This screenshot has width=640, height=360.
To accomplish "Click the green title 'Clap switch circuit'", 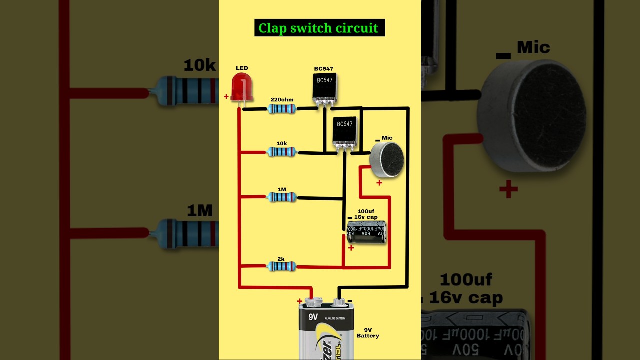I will coord(319,28).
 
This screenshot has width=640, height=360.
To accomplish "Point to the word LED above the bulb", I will coord(242,68).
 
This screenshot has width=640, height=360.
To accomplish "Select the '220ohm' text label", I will coord(282,99).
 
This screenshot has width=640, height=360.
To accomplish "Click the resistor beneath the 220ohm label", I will coord(282,108).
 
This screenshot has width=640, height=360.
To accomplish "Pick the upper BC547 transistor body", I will coord(324,86).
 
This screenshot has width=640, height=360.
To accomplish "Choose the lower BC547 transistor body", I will coord(345,130).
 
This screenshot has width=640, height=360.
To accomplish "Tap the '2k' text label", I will coord(281,259).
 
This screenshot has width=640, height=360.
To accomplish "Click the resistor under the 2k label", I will coord(282,267).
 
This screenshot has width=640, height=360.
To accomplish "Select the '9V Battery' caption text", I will coord(368,333).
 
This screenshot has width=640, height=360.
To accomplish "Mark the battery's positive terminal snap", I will coord(314,301).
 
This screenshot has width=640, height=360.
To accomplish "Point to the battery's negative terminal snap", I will coord(339,301).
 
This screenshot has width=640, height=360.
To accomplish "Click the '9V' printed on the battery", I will coord(313,317).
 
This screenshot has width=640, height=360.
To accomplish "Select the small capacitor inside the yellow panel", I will coord(366,233).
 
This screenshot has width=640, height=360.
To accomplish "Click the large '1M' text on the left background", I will coord(200,211).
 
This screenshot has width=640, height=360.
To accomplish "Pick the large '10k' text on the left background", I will coord(199,65).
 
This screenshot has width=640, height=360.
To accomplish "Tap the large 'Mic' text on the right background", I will coord(533,48).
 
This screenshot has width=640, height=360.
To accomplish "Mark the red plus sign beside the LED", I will coord(226,97).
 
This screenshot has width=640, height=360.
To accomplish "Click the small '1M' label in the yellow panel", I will coord(282,189).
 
